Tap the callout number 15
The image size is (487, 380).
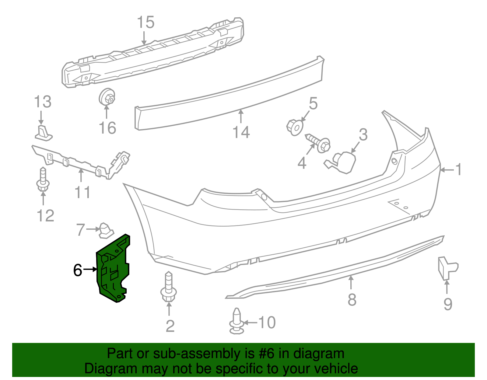145,23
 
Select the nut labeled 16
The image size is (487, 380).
107,97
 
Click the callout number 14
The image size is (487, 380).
241,132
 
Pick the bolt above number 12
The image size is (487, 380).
43,180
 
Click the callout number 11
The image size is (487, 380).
82,192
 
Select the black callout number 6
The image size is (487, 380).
78,270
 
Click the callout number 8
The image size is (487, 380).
352,300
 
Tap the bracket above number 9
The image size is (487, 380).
447,268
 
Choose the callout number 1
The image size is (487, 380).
458,169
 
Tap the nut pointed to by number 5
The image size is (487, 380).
295,127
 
